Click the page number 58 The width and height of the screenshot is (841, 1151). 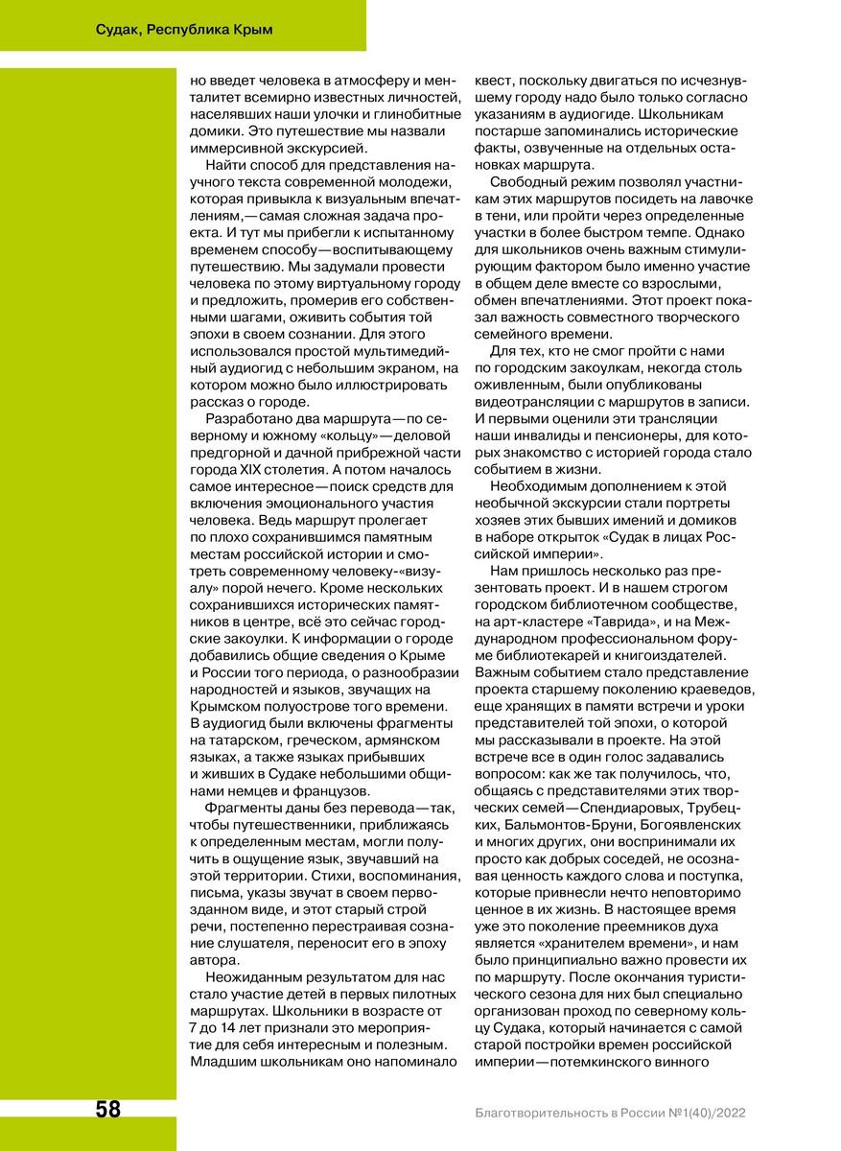click(107, 1110)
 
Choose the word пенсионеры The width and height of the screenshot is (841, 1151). click(600, 435)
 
